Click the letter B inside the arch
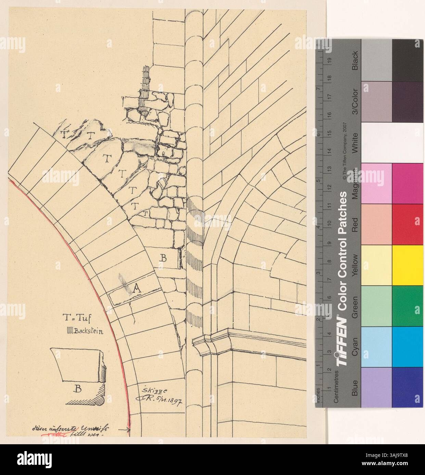tap(164, 259)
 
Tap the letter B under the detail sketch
tap(78, 389)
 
